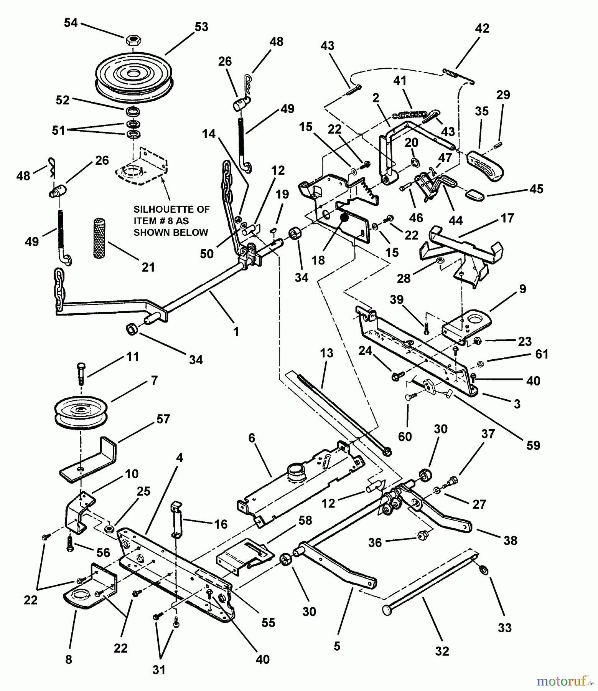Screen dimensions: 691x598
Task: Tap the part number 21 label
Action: tap(148, 267)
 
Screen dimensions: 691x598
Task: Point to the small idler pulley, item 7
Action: tap(81, 413)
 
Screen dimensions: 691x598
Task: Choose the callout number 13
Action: tap(326, 353)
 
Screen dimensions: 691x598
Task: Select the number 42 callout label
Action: tap(482, 28)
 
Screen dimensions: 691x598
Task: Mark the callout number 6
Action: tap(252, 438)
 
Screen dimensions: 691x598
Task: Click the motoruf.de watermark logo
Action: tap(564, 681)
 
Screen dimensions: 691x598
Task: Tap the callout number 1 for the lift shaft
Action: tap(236, 331)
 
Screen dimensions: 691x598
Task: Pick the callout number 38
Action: tap(510, 540)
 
